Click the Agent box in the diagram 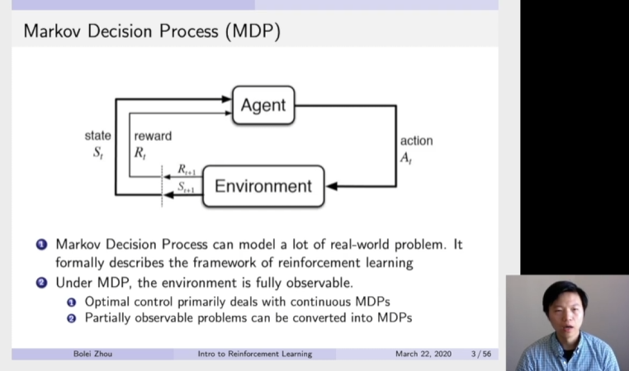[x=262, y=105]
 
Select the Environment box [x=263, y=185]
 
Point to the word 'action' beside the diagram [x=416, y=140]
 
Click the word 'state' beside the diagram [x=97, y=135]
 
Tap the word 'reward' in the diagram [x=153, y=135]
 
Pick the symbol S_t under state [x=97, y=152]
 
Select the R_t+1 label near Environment [x=187, y=169]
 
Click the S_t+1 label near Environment [x=187, y=188]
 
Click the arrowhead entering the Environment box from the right [x=332, y=185]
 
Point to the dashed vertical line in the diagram [x=162, y=185]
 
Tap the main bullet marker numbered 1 [x=41, y=245]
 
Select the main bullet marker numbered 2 [x=41, y=284]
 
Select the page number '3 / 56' [x=480, y=354]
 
